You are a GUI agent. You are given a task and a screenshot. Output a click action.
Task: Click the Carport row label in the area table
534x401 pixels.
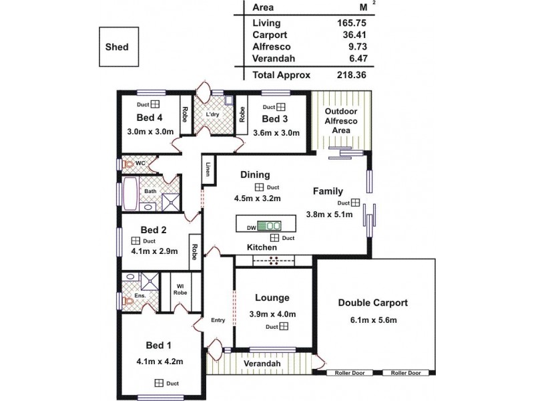(270, 35)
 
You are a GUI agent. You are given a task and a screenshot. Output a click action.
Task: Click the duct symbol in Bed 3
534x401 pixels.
(282, 107)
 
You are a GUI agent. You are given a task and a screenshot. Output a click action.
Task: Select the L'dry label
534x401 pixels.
(213, 114)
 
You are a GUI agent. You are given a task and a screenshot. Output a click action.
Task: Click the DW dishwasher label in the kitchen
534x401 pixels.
(252, 228)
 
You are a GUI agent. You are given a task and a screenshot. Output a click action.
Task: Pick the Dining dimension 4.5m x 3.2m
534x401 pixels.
(257, 198)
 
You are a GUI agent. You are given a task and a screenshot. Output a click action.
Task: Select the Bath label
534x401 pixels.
(151, 191)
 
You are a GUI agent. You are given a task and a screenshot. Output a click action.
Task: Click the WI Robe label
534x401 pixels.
(180, 289)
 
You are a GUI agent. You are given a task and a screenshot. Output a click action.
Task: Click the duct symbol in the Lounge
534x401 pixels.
(284, 326)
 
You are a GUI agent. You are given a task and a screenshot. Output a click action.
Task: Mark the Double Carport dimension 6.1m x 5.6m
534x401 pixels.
(373, 320)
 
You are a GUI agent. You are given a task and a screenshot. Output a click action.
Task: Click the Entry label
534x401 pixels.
(218, 320)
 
